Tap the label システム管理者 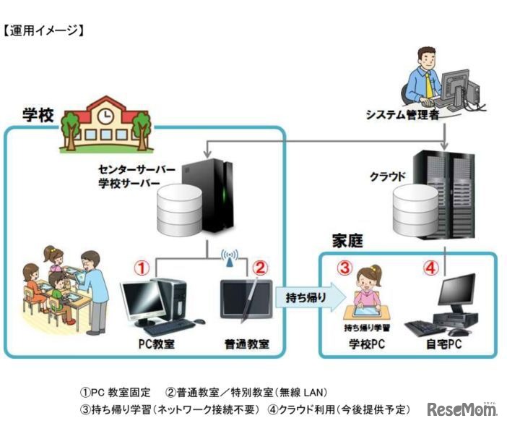pos(402,113)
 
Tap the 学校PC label pos(368,344)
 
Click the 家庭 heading pos(347,239)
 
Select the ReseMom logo pos(462,409)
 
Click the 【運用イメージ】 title pos(45,30)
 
